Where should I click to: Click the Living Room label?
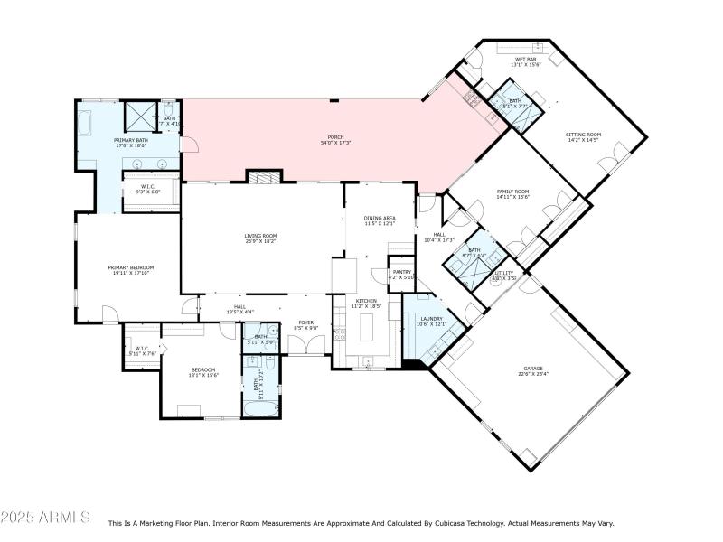(259, 237)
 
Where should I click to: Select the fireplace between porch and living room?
(260, 177)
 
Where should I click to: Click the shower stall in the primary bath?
(139, 115)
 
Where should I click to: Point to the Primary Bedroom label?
(131, 267)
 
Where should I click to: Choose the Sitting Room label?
(583, 135)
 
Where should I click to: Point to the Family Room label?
(512, 192)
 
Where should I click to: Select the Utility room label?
(504, 273)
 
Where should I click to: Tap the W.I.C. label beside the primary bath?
(148, 187)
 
